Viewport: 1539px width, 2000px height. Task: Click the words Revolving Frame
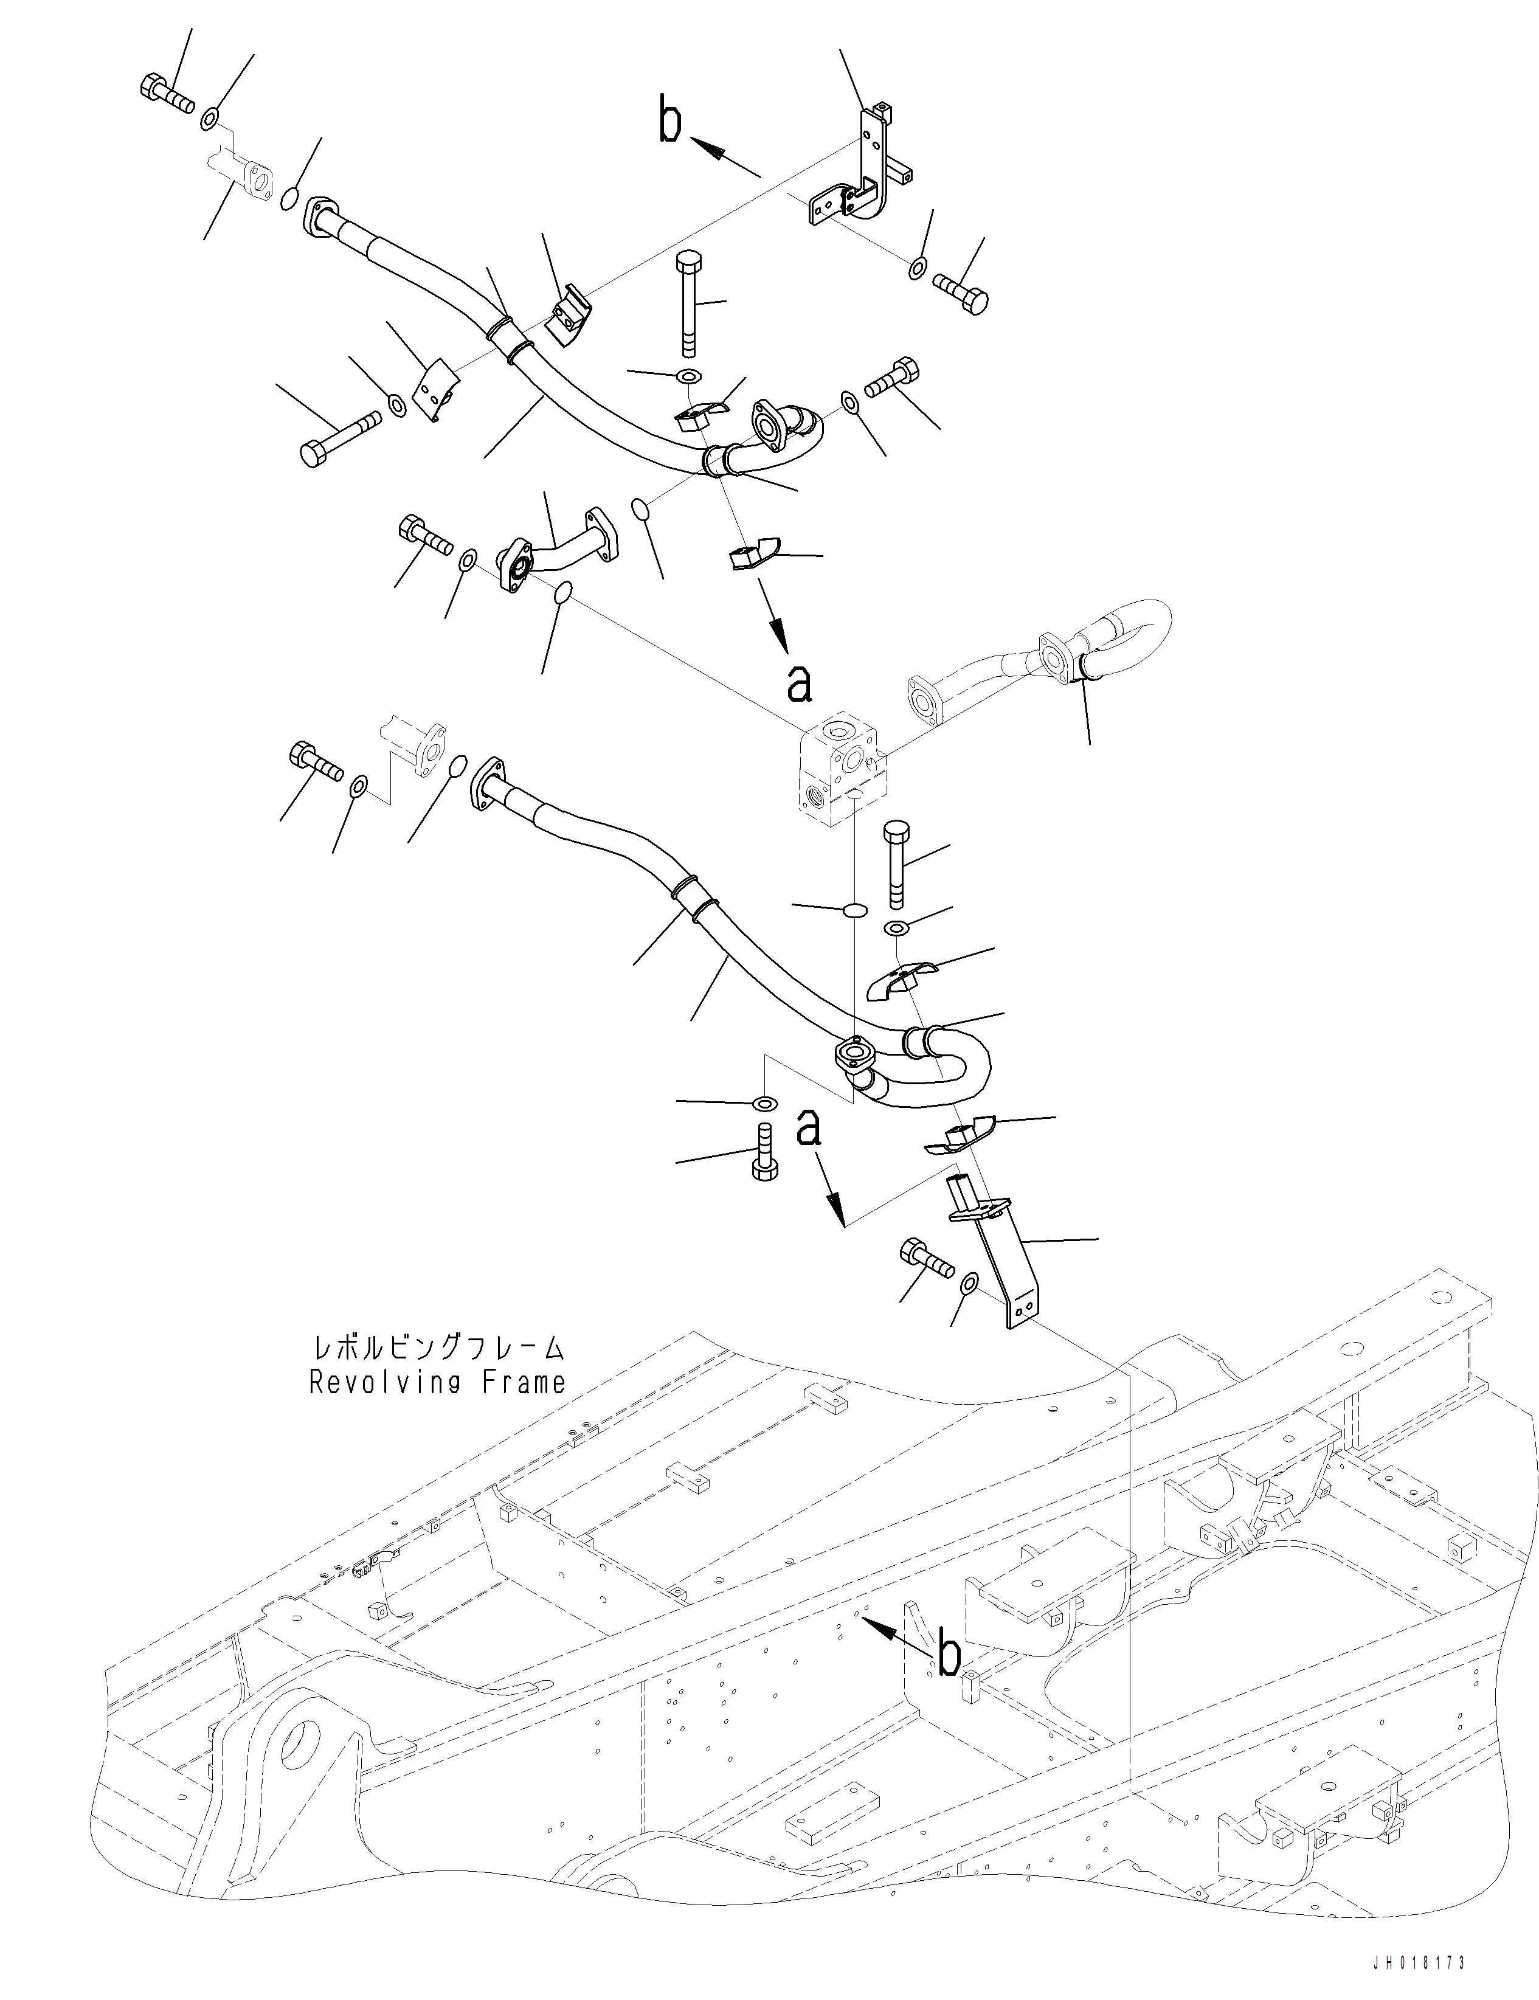437,1383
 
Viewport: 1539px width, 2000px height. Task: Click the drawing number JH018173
1419,1982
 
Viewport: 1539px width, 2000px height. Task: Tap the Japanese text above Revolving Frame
437,1348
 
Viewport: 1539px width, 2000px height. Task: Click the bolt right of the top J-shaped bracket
961,293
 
